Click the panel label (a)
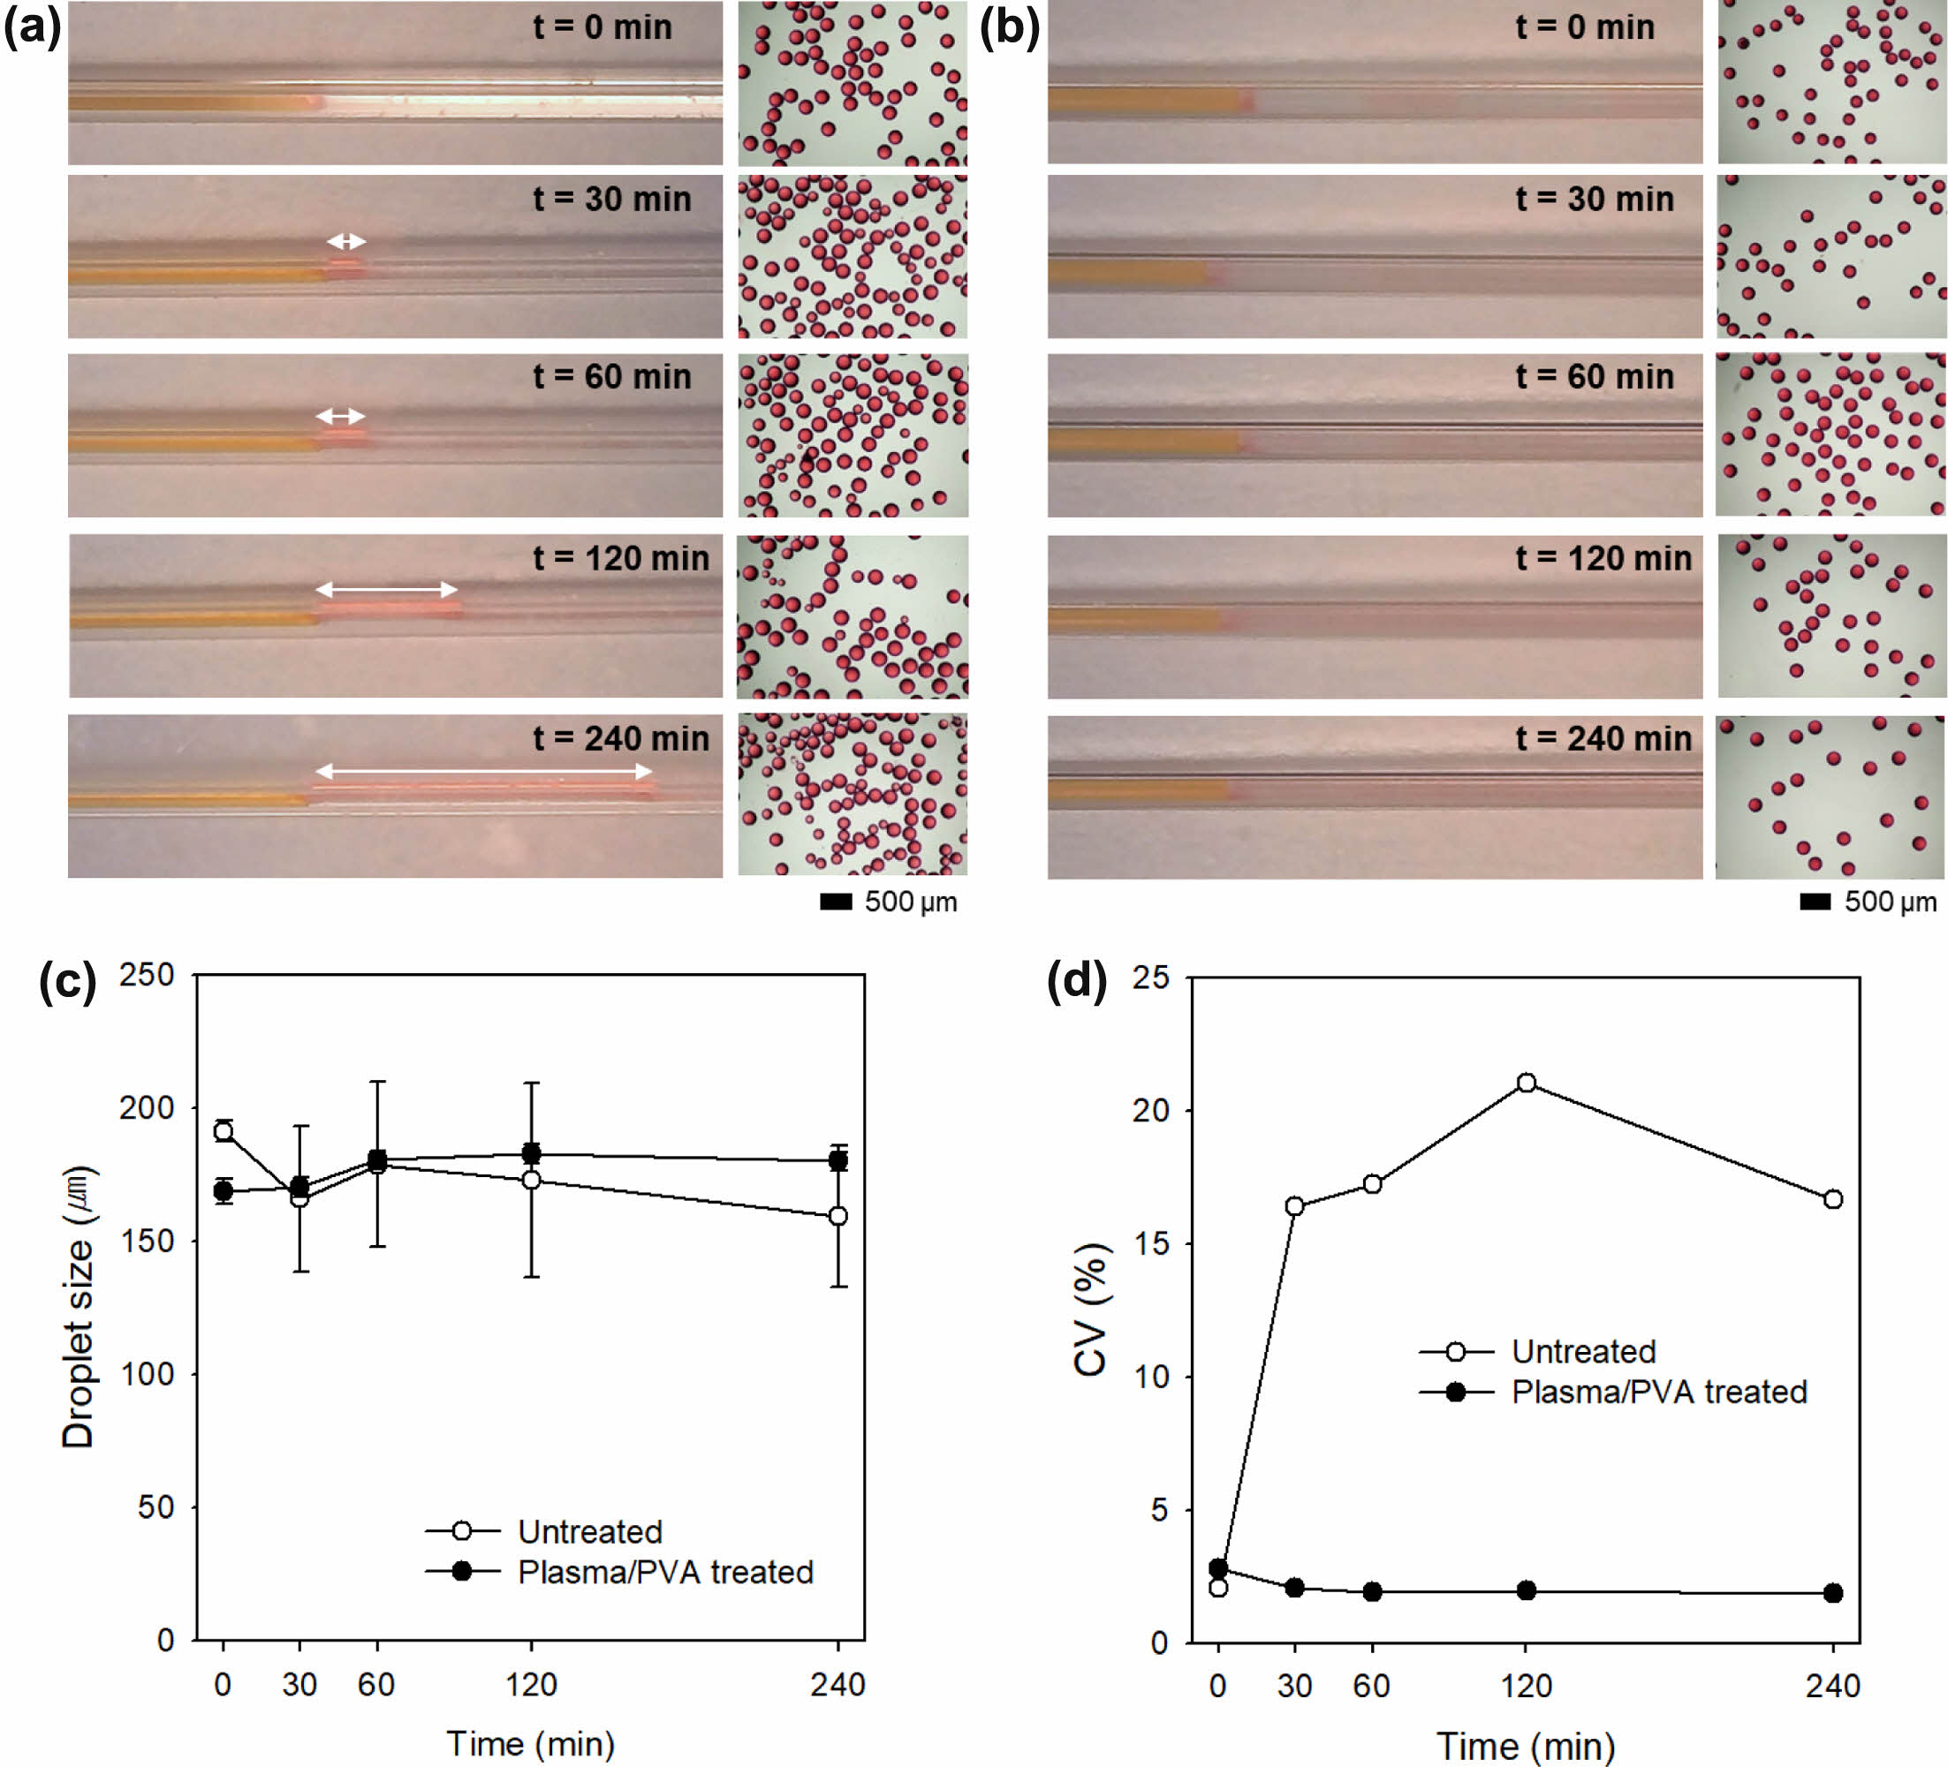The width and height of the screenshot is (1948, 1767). [32, 27]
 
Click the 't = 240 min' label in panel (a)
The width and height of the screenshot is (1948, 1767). [620, 739]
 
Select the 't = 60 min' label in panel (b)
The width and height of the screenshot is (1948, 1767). [1595, 377]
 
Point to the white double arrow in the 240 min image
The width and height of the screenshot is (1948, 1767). [483, 771]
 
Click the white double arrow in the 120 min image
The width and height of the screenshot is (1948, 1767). [387, 588]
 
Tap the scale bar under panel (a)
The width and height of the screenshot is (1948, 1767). [836, 902]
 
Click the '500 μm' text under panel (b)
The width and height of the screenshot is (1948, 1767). [1890, 902]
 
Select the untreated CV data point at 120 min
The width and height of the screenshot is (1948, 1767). [1526, 1083]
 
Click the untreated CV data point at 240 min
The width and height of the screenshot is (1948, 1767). [1833, 1199]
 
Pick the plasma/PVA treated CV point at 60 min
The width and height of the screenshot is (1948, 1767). [1372, 1591]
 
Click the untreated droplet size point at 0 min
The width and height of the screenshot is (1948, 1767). [224, 1131]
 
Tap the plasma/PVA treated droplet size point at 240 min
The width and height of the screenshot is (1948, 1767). [838, 1160]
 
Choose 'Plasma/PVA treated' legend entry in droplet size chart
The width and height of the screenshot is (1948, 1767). [664, 1572]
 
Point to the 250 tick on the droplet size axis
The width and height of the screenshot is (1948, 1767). [146, 974]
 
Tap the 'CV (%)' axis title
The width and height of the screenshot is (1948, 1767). [1090, 1309]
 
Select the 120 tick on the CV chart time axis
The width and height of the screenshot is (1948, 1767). [1526, 1686]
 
